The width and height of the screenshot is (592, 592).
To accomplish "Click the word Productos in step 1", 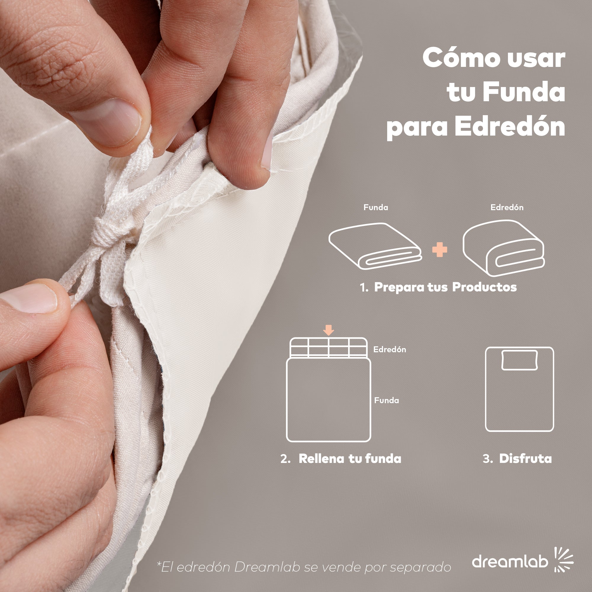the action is pyautogui.click(x=485, y=287).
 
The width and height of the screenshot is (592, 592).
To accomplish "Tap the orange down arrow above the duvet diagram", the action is pyautogui.click(x=329, y=330).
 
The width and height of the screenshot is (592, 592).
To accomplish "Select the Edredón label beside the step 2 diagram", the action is pyautogui.click(x=390, y=349).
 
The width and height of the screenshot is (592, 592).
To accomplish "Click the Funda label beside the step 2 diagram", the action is pyautogui.click(x=386, y=400).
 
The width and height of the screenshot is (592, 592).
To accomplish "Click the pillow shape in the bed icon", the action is pyautogui.click(x=520, y=360).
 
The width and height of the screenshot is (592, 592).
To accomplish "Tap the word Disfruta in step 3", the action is pyautogui.click(x=525, y=459).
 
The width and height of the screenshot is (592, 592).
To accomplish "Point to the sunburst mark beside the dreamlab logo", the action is pyautogui.click(x=564, y=559).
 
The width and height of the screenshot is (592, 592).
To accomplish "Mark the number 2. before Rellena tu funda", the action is pyautogui.click(x=285, y=459).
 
